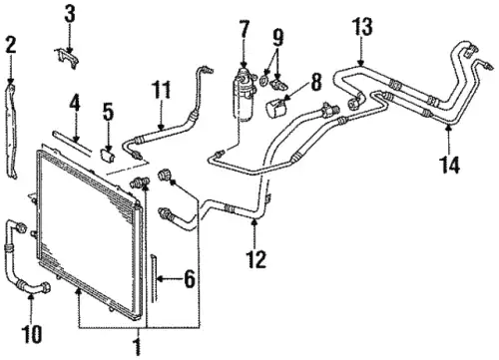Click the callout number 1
[x=138, y=347]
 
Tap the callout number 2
[x=11, y=45]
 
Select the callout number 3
[x=70, y=14]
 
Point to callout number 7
[x=244, y=29]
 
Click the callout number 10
[x=32, y=333]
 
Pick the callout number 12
[x=256, y=259]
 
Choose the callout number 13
[x=362, y=27]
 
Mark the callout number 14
[x=450, y=165]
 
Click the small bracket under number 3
[x=67, y=58]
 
